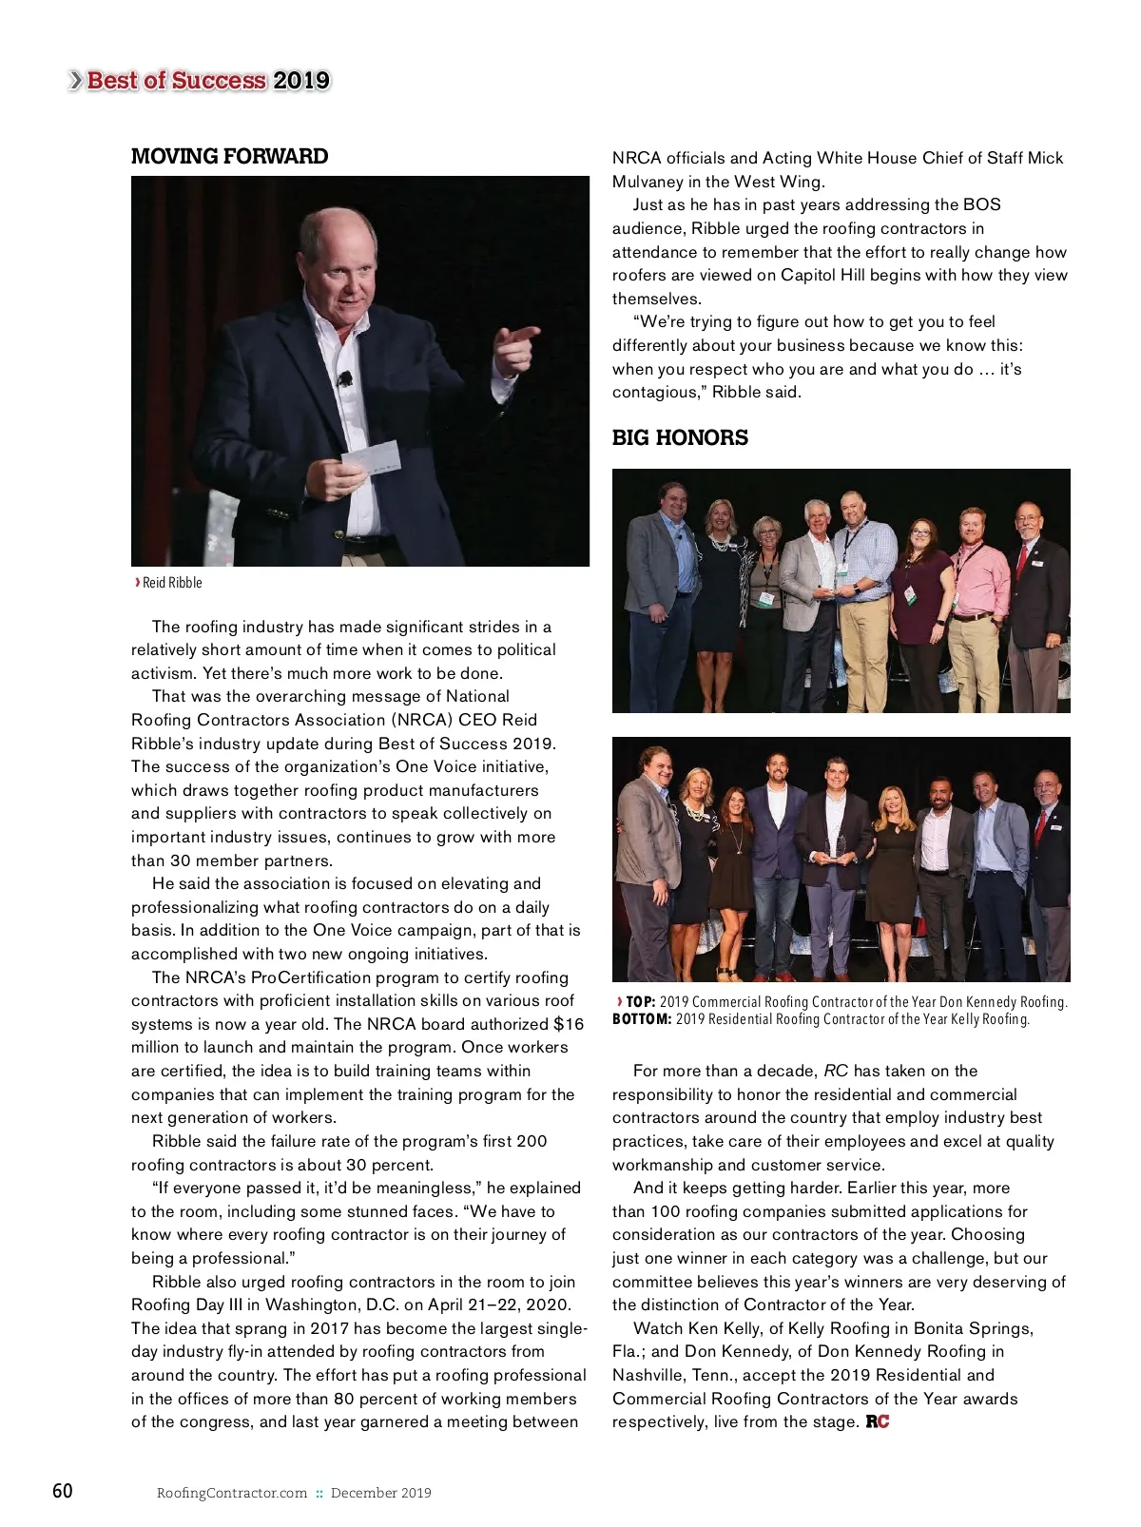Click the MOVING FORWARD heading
pyautogui.click(x=229, y=157)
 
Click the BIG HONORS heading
pyautogui.click(x=680, y=438)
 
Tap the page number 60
pyautogui.click(x=62, y=1491)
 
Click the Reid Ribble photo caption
pyautogui.click(x=171, y=583)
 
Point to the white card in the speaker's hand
pyautogui.click(x=371, y=457)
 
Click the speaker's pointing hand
pyautogui.click(x=514, y=348)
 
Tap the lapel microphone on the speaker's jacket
pyautogui.click(x=345, y=379)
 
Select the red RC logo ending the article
pyautogui.click(x=878, y=1422)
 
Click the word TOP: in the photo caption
pyautogui.click(x=640, y=1002)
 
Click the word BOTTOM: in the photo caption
pyautogui.click(x=642, y=1019)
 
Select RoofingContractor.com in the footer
pyautogui.click(x=232, y=1493)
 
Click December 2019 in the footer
pyautogui.click(x=380, y=1493)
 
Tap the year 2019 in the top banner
pyautogui.click(x=300, y=81)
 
